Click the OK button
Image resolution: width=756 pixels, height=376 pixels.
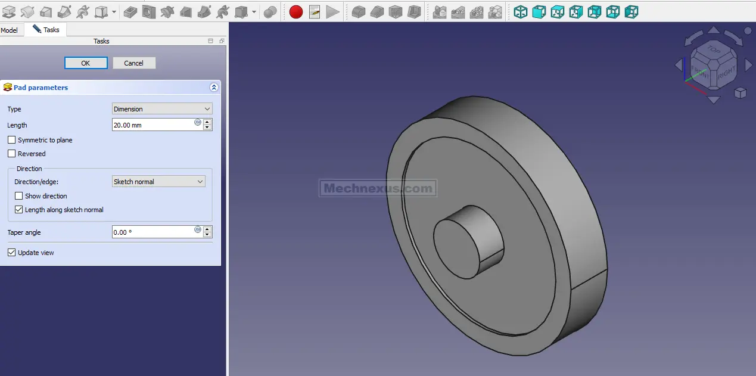point(86,63)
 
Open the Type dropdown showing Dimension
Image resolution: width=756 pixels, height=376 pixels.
point(162,109)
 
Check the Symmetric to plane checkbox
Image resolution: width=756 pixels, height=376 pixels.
point(11,140)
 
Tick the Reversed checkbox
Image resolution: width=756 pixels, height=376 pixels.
point(11,154)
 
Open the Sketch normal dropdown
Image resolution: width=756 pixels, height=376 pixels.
point(158,182)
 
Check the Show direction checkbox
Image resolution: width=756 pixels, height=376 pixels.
point(19,196)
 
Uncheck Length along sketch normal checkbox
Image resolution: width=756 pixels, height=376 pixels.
point(19,210)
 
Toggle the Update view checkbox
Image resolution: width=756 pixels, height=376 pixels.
point(11,253)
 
